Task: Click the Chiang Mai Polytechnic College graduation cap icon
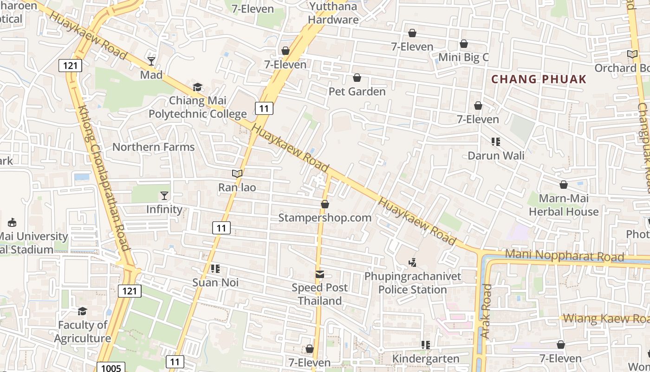[198, 87]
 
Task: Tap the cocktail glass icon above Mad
[151, 61]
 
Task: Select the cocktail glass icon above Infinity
[164, 196]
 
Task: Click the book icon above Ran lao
[237, 174]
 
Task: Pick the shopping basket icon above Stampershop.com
[325, 204]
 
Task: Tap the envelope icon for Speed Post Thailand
[320, 274]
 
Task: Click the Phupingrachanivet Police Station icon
[412, 263]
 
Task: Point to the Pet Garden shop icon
[357, 78]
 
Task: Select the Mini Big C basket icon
[463, 44]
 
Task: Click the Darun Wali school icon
[496, 142]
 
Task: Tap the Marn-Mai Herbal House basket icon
[564, 185]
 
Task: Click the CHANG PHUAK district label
[539, 79]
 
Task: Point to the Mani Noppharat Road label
[564, 256]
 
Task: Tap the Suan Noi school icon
[215, 269]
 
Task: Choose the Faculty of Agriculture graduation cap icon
[82, 311]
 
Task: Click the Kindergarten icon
[425, 345]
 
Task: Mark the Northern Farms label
[154, 147]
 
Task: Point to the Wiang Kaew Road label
[606, 319]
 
